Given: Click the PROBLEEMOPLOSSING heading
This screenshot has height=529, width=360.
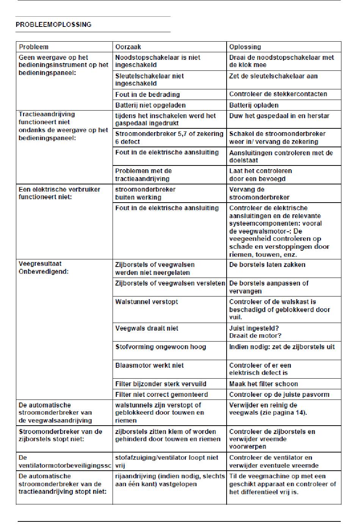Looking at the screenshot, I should tap(53, 25).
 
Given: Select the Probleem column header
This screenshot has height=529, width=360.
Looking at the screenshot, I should tap(34, 47).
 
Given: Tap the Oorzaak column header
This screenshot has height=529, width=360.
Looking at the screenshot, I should tap(128, 47).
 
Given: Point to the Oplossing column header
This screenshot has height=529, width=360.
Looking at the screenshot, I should tap(245, 47).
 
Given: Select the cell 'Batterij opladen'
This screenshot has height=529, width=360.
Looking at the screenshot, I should tap(254, 105).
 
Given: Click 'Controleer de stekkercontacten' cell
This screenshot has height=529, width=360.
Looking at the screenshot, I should tap(278, 94).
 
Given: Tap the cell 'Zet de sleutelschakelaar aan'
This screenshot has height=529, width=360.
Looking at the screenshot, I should tap(273, 76).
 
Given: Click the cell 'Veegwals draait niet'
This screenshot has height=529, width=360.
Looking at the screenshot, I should tap(147, 328).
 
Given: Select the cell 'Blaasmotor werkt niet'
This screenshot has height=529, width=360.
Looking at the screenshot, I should tap(149, 365).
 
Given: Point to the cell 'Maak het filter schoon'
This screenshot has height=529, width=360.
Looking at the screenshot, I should tap(263, 384).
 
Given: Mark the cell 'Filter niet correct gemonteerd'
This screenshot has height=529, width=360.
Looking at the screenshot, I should tap(161, 395).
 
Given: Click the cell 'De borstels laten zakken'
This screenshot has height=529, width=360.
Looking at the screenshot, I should tap(267, 265).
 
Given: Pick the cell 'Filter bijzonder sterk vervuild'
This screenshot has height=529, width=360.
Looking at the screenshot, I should tap(161, 384).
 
